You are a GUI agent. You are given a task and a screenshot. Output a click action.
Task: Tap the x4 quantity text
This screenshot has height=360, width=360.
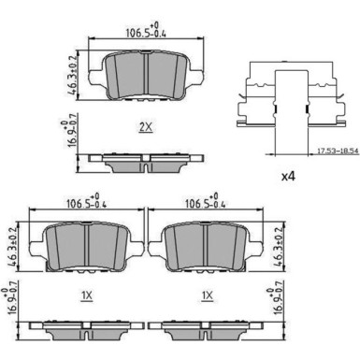[290, 175]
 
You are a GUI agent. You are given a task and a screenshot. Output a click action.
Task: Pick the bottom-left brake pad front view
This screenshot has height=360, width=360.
[85, 247]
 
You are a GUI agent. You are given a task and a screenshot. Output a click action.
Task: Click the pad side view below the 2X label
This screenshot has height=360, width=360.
[146, 161]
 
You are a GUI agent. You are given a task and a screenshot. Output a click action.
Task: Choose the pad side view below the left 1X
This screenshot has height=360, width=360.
[85, 329]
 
